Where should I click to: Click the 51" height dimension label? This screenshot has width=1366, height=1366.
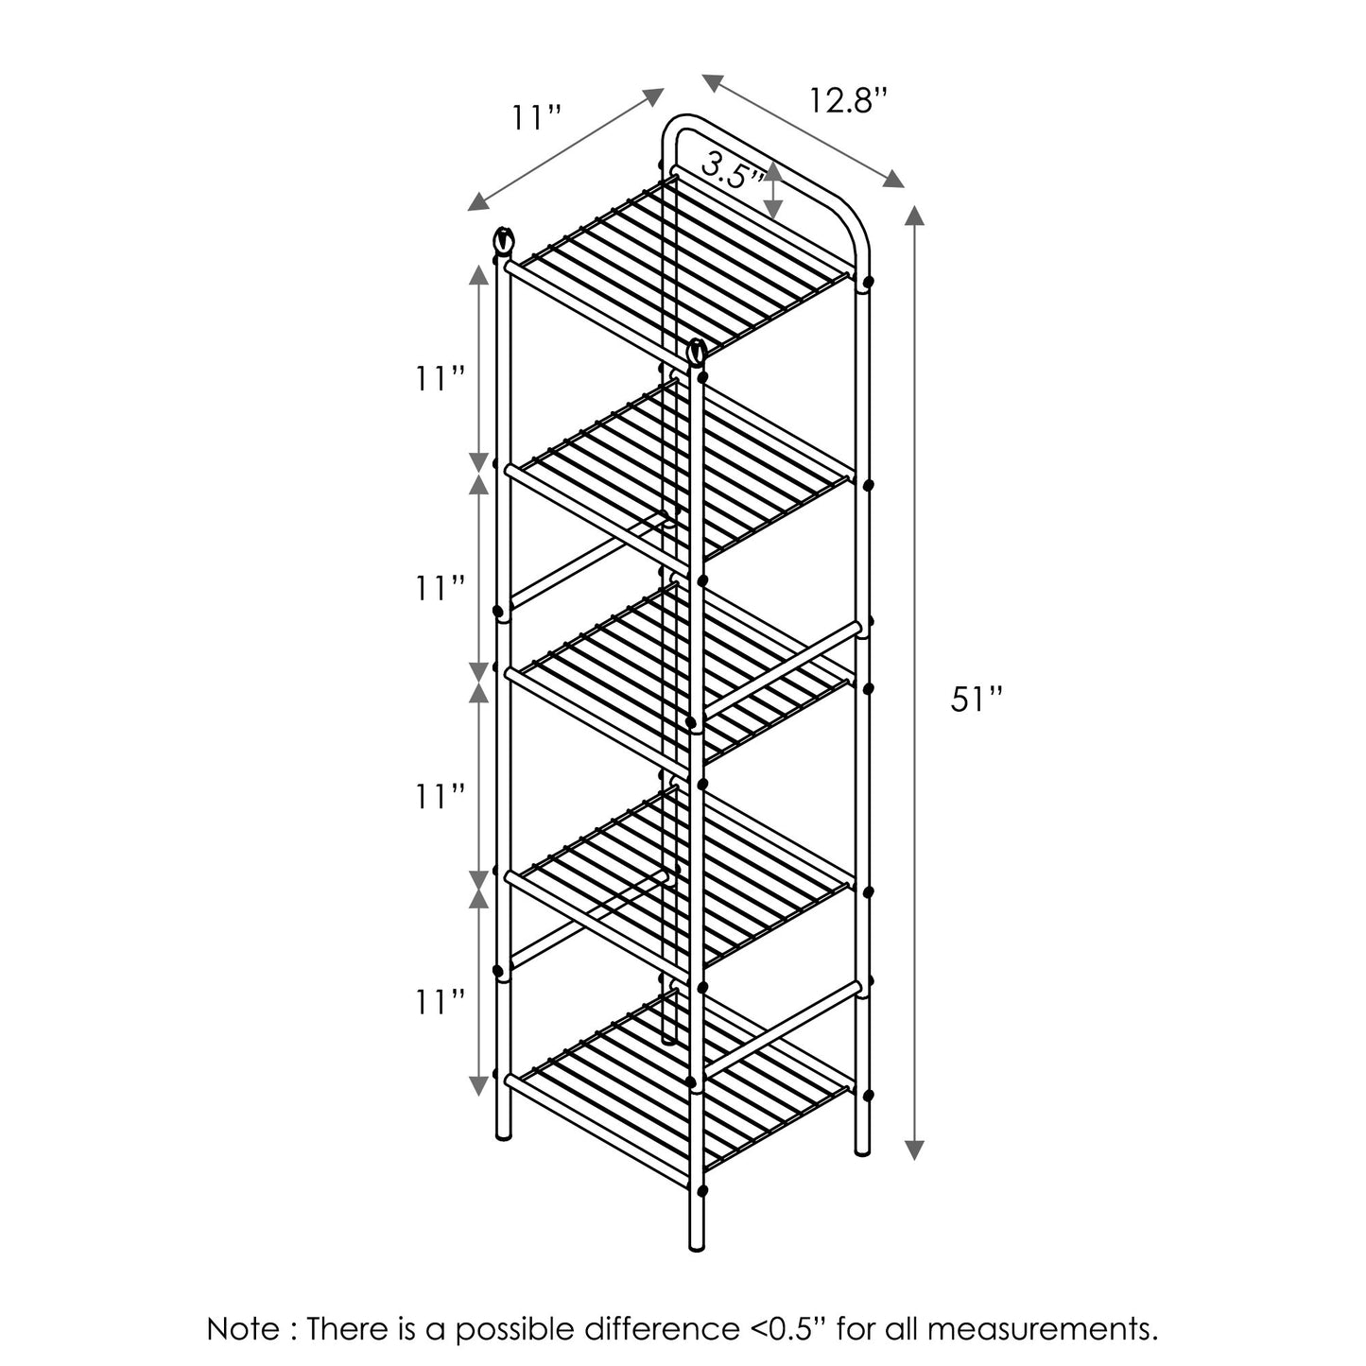pos(976,700)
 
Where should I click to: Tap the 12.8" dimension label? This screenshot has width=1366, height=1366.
pos(848,100)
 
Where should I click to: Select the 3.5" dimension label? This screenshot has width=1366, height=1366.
pos(734,171)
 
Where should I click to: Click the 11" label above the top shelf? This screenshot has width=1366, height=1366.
pos(536,118)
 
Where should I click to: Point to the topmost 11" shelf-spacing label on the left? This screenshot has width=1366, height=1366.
pos(440,379)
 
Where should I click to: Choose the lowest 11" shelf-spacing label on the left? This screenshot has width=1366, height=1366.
pos(440,1002)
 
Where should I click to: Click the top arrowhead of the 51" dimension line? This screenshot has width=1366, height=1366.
pos(913,216)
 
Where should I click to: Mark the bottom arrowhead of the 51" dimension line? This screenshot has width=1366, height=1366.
pos(913,1150)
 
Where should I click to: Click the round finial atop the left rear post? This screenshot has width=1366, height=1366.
pos(505,240)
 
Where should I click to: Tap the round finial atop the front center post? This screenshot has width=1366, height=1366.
pos(698,353)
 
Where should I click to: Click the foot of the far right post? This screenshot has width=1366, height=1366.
pos(861,1149)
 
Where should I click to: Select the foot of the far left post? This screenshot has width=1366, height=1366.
pos(504,1132)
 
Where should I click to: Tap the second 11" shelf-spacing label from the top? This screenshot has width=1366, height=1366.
pos(440,588)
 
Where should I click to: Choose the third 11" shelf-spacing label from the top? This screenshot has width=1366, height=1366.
pos(440,796)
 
